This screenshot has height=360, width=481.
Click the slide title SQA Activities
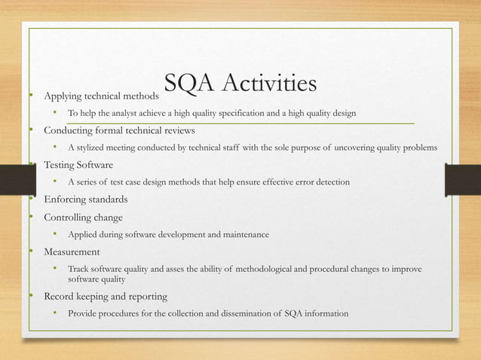pyautogui.click(x=240, y=87)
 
